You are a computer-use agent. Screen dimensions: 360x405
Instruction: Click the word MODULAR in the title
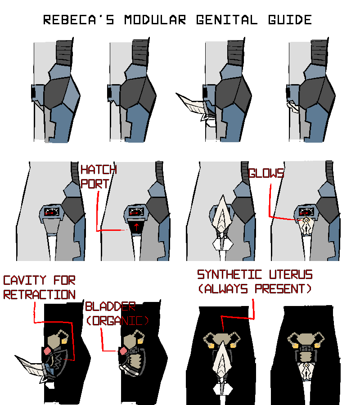[x=155, y=20]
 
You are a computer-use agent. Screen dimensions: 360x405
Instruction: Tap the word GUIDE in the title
[x=290, y=20]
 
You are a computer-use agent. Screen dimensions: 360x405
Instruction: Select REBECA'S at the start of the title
[x=78, y=20]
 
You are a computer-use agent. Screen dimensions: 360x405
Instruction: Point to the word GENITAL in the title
[x=227, y=20]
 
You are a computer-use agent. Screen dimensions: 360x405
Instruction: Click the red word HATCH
[x=99, y=170]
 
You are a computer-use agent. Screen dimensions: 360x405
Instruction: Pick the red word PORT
[x=95, y=184]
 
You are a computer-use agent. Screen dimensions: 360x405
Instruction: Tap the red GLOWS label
[x=266, y=173]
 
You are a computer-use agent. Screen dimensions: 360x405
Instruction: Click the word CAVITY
[x=25, y=280]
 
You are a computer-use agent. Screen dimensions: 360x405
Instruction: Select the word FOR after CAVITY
[x=64, y=280]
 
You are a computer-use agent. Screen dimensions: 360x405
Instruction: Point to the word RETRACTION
[x=39, y=295]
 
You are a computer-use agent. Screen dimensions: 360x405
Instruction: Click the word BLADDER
[x=111, y=306]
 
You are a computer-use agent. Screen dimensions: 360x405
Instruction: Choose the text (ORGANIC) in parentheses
[x=118, y=321]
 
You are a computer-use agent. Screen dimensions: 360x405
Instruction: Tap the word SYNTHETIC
[x=229, y=274]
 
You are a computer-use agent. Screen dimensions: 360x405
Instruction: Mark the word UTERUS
[x=291, y=274]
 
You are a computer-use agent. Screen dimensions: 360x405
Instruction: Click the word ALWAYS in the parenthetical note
[x=223, y=289]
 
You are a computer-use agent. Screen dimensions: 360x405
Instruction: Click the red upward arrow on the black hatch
[x=136, y=227]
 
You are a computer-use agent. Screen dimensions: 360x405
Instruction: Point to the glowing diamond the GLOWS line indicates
[x=306, y=220]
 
